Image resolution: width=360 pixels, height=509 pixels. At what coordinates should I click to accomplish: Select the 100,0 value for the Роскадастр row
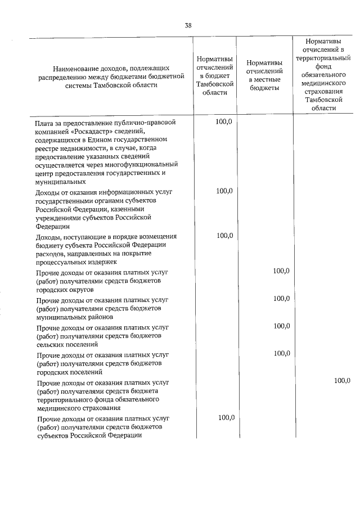coord(224,121)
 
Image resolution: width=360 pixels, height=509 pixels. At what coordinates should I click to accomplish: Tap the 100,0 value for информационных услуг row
coord(224,191)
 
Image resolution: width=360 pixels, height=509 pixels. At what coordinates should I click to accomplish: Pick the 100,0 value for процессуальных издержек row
coord(224,235)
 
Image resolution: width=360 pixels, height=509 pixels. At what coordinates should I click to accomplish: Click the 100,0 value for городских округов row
coord(281,271)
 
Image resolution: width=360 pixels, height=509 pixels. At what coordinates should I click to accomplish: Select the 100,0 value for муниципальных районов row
coord(281,299)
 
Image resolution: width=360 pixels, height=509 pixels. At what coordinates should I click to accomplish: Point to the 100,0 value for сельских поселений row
coord(281,326)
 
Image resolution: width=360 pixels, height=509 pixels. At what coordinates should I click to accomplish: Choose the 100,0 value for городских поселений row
coord(281,353)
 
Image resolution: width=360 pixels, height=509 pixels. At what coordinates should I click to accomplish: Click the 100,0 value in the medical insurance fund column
coord(342,381)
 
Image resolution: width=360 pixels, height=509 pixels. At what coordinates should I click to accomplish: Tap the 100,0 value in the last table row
coord(224,417)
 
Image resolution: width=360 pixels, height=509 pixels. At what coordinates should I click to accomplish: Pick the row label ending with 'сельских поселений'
coord(99,335)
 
